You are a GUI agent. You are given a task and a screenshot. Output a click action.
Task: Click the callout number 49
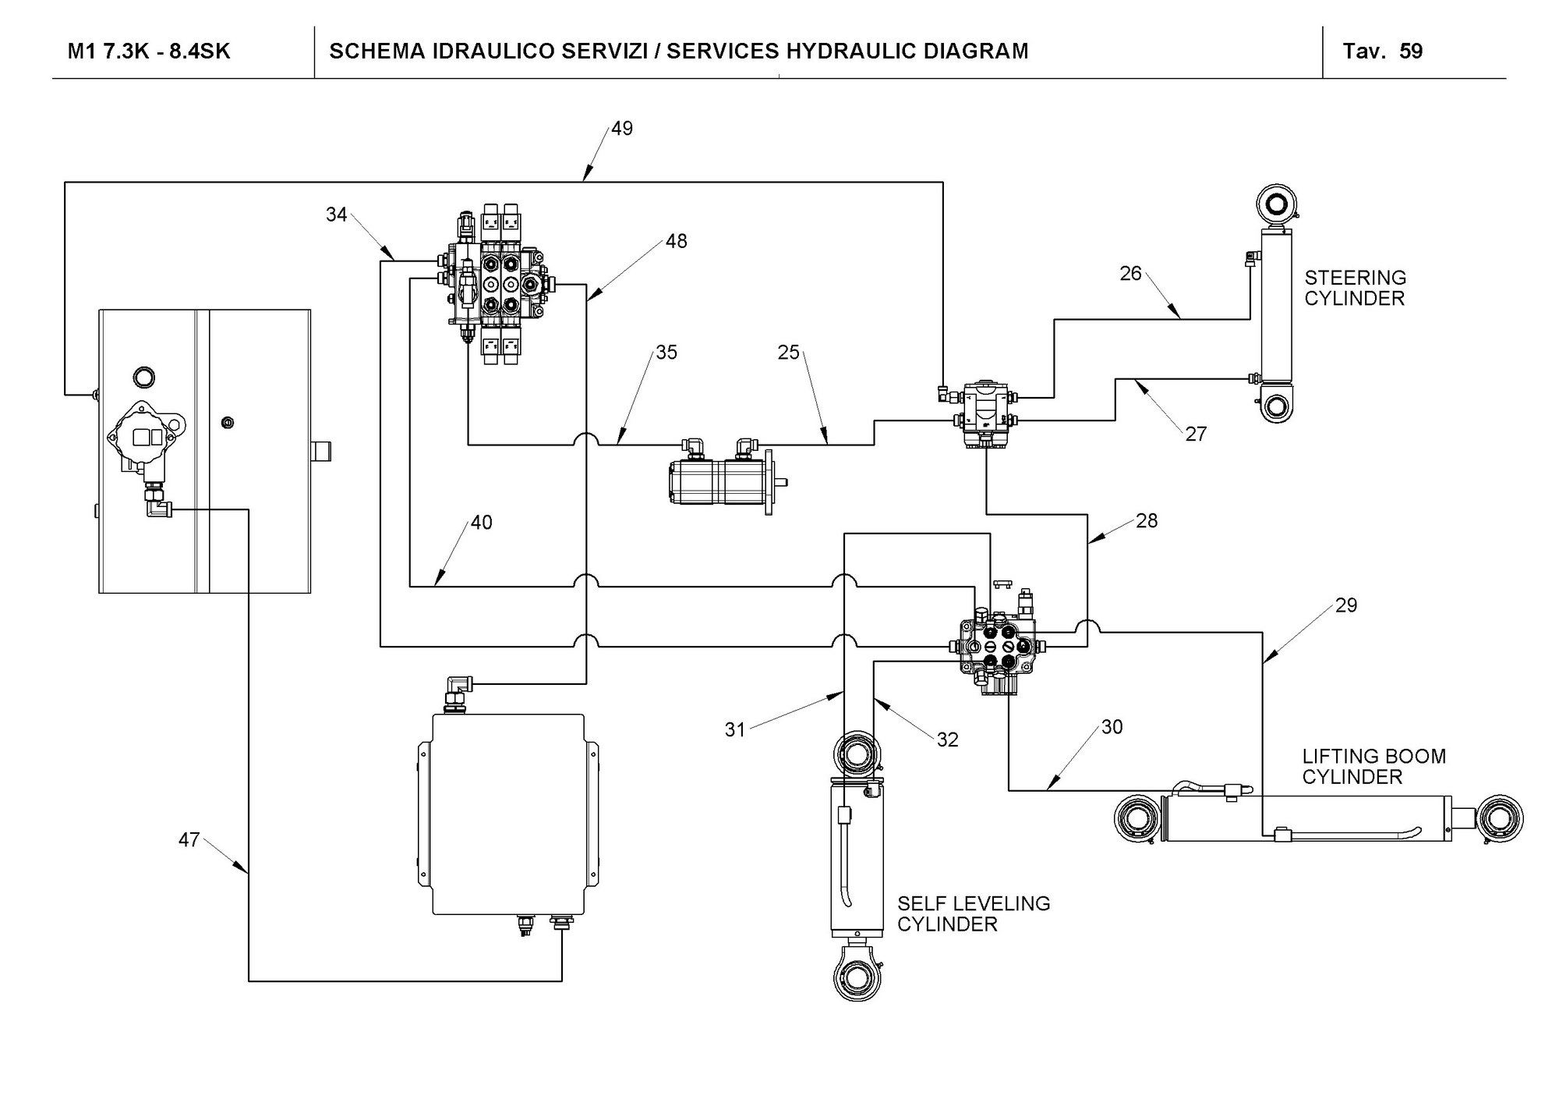[x=622, y=129]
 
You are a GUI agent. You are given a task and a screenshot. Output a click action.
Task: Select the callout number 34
[x=337, y=215]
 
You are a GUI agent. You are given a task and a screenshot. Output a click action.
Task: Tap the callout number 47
[x=189, y=840]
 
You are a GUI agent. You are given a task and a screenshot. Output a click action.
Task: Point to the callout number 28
[x=1147, y=520]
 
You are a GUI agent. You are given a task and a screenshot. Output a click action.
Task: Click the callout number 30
[x=1112, y=727]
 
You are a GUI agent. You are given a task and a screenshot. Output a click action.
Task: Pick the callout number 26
[x=1130, y=274]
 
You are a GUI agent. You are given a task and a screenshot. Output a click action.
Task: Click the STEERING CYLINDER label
[x=1355, y=288]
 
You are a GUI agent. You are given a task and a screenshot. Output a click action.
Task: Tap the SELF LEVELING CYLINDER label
[x=974, y=913]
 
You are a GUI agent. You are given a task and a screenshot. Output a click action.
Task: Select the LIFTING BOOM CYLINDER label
[x=1373, y=766]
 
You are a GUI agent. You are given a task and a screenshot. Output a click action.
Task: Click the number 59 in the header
[x=1411, y=51]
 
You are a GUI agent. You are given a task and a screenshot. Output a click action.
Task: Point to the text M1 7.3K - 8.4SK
[x=149, y=51]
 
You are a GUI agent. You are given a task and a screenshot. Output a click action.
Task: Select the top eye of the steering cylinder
[x=1277, y=204]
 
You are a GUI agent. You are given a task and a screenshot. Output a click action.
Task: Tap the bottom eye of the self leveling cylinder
[x=856, y=975]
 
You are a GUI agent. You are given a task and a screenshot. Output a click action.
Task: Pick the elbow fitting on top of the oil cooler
[x=455, y=690]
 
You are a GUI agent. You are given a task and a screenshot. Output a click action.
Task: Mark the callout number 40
[x=481, y=523]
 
